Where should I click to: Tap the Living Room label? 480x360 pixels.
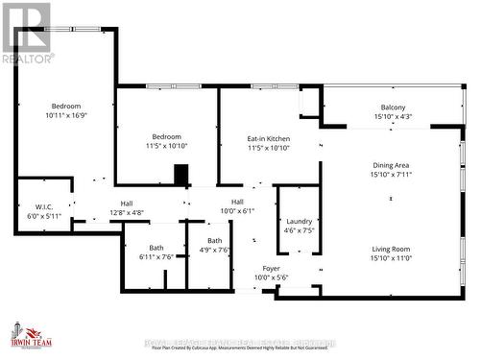coord(392,249)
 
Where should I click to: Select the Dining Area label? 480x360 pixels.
coord(392,165)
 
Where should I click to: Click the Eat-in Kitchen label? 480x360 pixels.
coord(268,139)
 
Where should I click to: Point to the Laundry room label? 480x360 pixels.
coord(297,220)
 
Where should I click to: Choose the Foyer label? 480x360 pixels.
coord(271,268)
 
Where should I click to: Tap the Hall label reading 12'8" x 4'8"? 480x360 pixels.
coord(127,203)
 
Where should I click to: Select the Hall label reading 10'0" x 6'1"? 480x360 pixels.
coord(236,202)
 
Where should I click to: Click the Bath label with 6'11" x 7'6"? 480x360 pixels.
coord(155,247)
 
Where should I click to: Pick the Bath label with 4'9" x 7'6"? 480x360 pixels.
coord(215,241)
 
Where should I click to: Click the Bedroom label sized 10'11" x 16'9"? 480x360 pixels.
coord(66,106)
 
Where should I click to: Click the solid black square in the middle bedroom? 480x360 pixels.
coord(180,175)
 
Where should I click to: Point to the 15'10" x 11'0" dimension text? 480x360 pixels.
coord(392,258)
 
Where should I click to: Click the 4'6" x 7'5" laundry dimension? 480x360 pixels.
coord(297,230)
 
